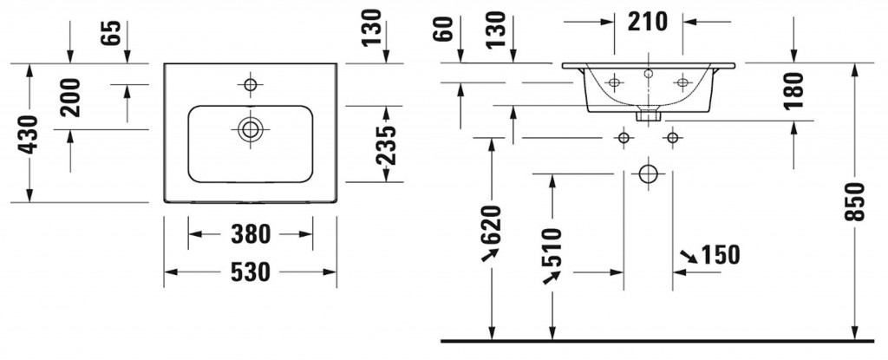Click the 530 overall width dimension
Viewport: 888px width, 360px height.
pos(251,272)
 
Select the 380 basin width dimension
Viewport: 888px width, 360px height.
pos(251,234)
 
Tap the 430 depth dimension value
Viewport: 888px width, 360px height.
pos(29,134)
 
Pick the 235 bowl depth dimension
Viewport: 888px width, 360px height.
pos(387,145)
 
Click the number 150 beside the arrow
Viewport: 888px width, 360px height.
pos(721,254)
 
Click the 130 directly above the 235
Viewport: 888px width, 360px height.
pos(372,28)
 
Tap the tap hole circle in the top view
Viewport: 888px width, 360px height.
pos(251,85)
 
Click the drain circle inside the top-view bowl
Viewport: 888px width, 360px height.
pos(251,128)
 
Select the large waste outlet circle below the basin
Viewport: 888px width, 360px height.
pos(648,173)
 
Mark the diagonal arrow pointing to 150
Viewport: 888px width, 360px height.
pos(689,256)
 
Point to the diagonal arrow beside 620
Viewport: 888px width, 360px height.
pos(489,253)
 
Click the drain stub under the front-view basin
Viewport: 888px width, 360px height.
pos(648,113)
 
